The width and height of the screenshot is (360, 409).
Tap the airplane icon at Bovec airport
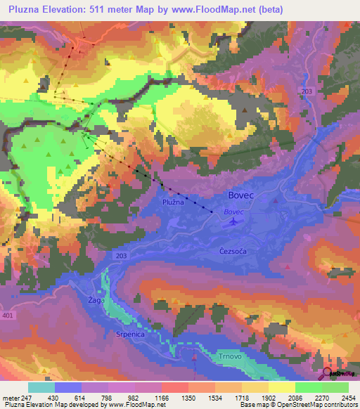(x=233, y=222)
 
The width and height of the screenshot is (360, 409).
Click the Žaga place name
(x=96, y=300)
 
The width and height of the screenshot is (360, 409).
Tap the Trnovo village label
(x=231, y=356)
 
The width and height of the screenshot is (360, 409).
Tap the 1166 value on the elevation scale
(x=162, y=398)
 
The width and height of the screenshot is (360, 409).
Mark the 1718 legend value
(x=242, y=398)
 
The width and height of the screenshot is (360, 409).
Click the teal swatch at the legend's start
(x=41, y=387)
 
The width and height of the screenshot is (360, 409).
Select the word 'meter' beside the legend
(x=9, y=398)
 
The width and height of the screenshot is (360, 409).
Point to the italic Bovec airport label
(x=233, y=212)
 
